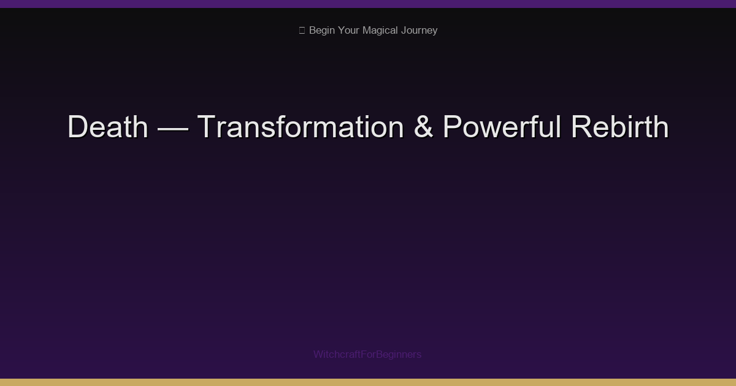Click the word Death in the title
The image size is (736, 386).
point(108,127)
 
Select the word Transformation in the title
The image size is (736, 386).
point(300,127)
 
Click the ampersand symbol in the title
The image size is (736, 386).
point(423,127)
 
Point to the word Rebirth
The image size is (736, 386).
point(619,127)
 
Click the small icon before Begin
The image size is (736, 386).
point(302,30)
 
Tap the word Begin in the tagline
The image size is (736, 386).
point(322,30)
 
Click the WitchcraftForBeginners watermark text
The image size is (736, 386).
point(367,354)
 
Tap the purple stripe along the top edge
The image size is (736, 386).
point(368,4)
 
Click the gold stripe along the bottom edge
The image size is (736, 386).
point(368,382)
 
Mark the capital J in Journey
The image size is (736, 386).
point(404,30)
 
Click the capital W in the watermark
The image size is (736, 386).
point(318,354)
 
